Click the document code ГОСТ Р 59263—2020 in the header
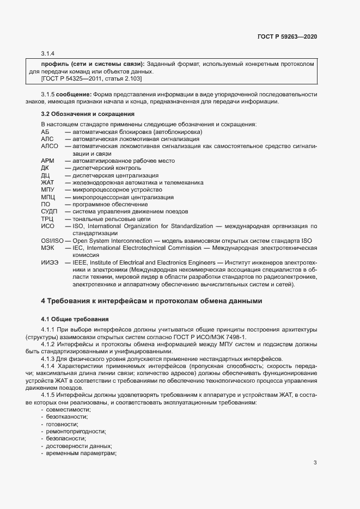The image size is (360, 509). coord(287,36)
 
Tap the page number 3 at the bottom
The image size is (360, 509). coord(315,463)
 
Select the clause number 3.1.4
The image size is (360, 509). coord(48,53)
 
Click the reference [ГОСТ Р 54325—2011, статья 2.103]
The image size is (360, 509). coord(91,79)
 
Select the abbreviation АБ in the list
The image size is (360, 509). coord(45,132)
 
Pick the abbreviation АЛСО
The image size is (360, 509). coord(50,146)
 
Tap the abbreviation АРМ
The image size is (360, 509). coord(48,161)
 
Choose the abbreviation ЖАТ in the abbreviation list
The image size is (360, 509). coord(47,182)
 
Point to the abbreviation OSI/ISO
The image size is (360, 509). coord(52,240)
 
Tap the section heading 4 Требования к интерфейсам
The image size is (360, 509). coord(152,301)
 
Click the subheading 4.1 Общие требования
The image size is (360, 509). coord(75,318)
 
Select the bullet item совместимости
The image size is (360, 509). coord(68,409)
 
